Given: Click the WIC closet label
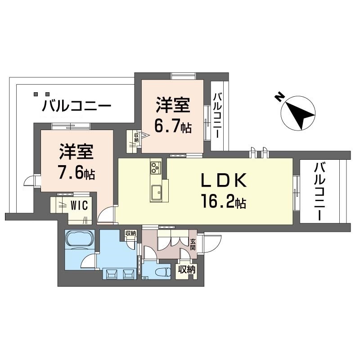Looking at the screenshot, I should pyautogui.click(x=80, y=205).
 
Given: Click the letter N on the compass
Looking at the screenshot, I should pyautogui.click(x=279, y=97).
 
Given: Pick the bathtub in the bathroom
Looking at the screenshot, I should pyautogui.click(x=79, y=239).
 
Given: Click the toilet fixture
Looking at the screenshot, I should pyautogui.click(x=163, y=272).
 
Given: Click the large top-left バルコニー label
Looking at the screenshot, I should pyautogui.click(x=76, y=107).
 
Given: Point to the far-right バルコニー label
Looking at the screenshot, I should pyautogui.click(x=320, y=191).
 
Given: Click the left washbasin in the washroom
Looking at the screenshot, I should pyautogui.click(x=111, y=273).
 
